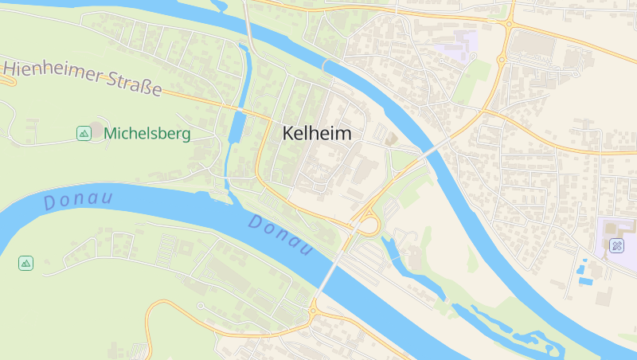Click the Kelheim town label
(x=317, y=134)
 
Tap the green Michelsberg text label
(x=147, y=134)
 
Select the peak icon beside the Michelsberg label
(x=84, y=134)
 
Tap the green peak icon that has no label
(x=26, y=263)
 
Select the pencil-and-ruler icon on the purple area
(x=617, y=245)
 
